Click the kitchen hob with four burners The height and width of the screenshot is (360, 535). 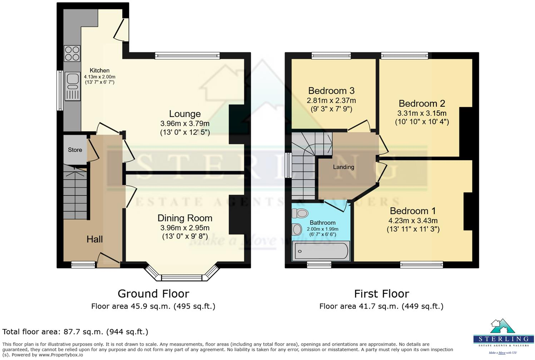72,54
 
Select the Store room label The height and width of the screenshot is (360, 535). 75,150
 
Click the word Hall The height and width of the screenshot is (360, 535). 94,239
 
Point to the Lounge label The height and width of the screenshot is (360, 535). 185,114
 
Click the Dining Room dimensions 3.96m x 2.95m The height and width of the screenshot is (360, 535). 185,228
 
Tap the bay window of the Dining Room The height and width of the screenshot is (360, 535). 182,276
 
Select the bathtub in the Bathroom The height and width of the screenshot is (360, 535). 321,251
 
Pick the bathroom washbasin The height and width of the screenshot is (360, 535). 297,229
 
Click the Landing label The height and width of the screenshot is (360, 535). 343,167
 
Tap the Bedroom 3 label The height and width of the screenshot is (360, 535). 331,91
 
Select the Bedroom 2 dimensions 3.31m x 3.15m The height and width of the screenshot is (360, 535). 422,113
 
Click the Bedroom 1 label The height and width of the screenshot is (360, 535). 413,211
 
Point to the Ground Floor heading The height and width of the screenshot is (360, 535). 153,294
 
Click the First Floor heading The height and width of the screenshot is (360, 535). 381,294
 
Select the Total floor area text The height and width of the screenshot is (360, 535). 75,332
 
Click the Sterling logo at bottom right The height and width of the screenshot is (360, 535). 503,336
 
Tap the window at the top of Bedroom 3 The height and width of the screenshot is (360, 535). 331,55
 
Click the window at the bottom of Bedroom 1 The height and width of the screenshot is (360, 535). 421,265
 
